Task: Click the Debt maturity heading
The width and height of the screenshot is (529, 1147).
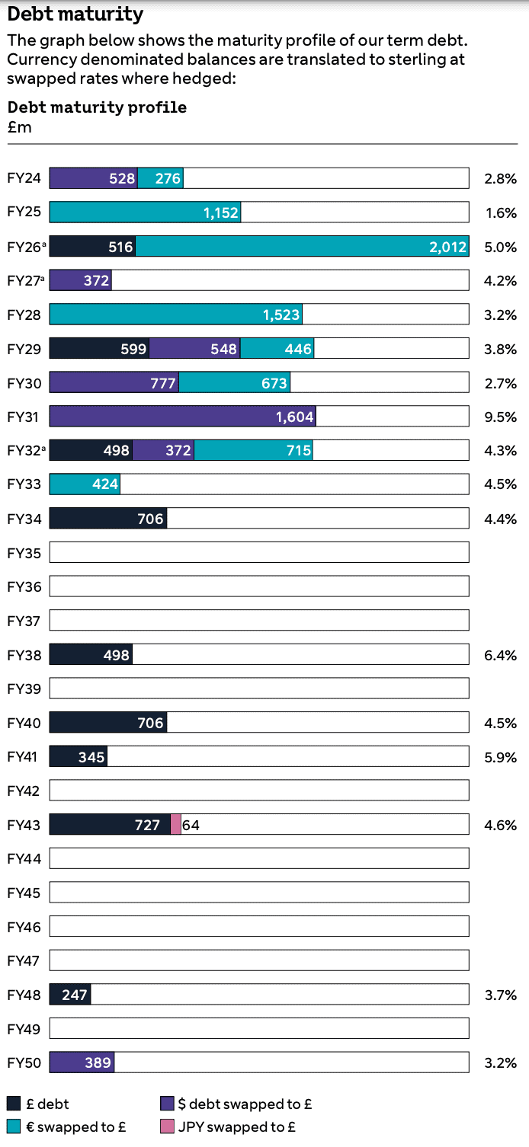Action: pos(75,14)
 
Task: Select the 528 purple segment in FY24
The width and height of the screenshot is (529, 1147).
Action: pos(94,179)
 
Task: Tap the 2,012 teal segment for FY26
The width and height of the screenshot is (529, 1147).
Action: pos(302,247)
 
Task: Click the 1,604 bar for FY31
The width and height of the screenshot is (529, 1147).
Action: pos(182,417)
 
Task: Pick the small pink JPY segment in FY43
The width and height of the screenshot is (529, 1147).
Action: pos(176,825)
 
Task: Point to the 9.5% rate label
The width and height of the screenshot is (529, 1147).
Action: pos(500,417)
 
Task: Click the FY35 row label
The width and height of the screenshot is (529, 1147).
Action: pos(24,553)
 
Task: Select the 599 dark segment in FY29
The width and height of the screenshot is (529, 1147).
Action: pos(99,349)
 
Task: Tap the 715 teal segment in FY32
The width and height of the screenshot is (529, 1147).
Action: pos(253,451)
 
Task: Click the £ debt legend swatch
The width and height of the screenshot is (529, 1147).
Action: pos(14,1104)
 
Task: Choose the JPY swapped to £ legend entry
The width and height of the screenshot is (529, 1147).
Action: pos(228,1127)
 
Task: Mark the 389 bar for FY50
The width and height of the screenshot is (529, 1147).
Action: pos(82,1063)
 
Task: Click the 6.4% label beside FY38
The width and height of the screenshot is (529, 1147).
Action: pos(500,655)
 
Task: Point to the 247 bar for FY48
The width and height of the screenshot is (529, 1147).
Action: pos(70,995)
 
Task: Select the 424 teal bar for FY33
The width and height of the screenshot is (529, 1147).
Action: pos(85,484)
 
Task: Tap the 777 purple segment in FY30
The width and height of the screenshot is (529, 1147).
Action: pos(114,383)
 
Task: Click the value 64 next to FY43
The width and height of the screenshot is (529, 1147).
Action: pos(191,825)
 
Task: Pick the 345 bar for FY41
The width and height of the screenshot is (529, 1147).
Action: pos(78,757)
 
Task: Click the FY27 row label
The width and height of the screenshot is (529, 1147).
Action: pos(25,281)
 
